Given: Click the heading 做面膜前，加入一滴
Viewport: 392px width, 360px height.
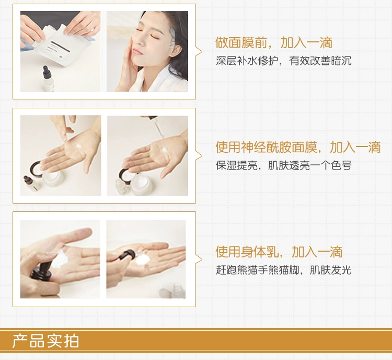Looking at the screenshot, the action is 274,42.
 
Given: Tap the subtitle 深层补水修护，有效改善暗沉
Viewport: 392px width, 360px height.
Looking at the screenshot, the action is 283,61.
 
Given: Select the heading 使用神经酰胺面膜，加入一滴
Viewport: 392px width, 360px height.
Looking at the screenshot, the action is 298,147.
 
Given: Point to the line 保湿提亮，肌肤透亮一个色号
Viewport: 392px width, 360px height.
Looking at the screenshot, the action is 283,165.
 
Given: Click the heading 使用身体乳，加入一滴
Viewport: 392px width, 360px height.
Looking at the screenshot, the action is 279,252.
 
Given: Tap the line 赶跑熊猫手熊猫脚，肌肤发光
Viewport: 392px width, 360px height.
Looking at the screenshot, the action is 283,270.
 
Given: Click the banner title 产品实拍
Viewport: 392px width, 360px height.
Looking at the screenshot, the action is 45,341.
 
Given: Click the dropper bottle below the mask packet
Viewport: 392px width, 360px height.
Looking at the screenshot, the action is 48,79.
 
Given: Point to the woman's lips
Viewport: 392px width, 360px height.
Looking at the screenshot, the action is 138,52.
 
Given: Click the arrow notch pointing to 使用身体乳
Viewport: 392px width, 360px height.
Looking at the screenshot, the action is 199,260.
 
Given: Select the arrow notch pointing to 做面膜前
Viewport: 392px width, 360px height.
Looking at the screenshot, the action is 199,52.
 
